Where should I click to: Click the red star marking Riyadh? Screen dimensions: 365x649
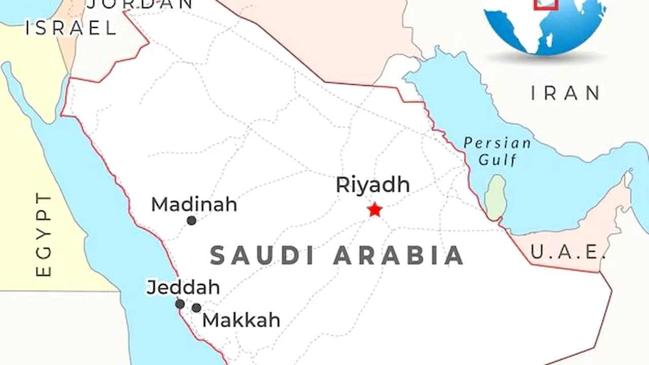375,209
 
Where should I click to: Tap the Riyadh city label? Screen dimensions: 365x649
372,185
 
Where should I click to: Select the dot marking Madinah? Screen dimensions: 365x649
191,221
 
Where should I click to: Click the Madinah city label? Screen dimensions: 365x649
194,205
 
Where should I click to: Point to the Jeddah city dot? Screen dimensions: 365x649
179,304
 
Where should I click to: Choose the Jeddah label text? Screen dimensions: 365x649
183,287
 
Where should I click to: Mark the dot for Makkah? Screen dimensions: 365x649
196,308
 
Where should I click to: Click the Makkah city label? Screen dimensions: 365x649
241,320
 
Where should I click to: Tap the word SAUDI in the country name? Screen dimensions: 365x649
263,255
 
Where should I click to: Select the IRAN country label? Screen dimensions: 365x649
566,93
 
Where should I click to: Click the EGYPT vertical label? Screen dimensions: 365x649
45,234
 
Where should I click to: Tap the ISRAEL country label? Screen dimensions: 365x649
71,28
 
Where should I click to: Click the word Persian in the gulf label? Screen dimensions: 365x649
497,143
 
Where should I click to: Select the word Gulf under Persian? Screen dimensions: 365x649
498,161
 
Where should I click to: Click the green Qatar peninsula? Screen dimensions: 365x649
495,197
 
